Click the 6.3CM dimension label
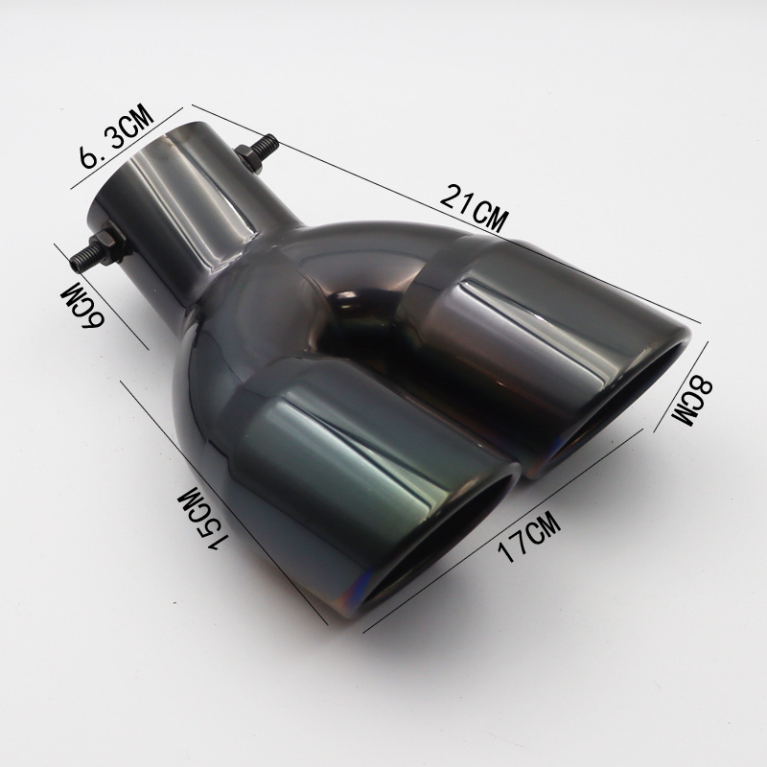point(116,136)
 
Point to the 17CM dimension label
point(528,536)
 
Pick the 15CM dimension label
point(203,520)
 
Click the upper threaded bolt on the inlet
point(258,151)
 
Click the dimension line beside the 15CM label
point(224,502)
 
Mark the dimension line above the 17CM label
point(502,531)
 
